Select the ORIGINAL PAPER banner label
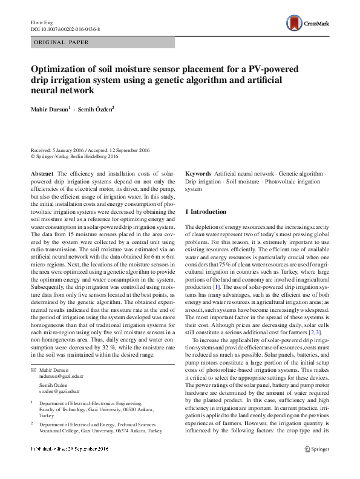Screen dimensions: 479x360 coord(62,42)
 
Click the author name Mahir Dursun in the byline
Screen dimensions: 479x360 coord(51,109)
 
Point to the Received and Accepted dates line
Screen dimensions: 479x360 coord(91,150)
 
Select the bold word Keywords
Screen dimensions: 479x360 coord(198,173)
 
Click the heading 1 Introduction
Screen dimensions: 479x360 coord(206,211)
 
